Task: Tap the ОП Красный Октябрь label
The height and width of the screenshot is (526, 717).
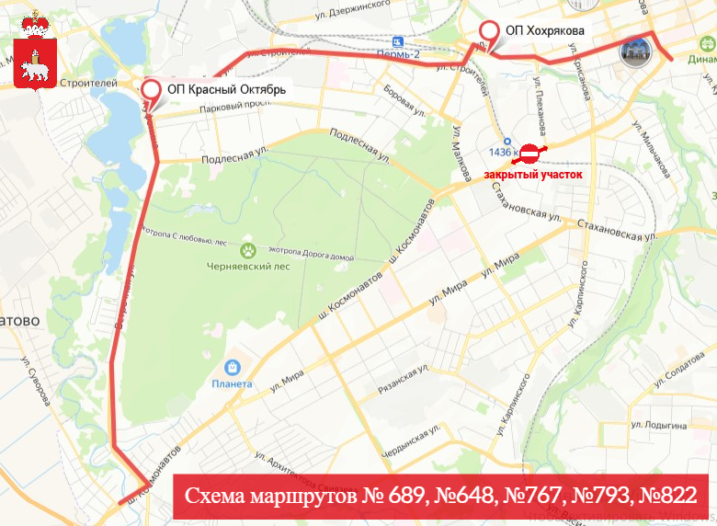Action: (x=226, y=90)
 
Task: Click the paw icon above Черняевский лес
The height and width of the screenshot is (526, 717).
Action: (x=247, y=249)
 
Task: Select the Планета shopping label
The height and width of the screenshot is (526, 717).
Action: (x=232, y=383)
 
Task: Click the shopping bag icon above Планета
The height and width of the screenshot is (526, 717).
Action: (x=232, y=367)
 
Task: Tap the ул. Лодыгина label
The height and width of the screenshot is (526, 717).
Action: (x=658, y=426)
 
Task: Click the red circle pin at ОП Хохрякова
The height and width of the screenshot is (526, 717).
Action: (x=488, y=31)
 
